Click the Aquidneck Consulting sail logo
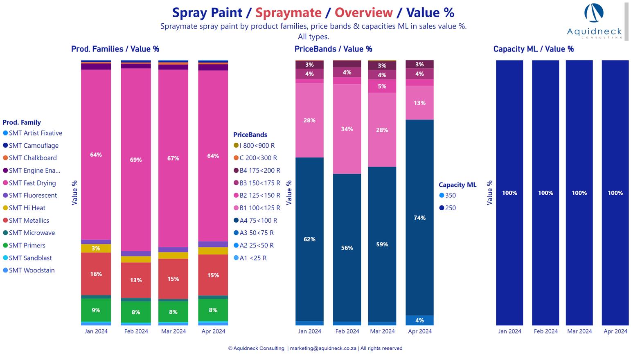coord(594,14)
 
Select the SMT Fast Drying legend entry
coord(32,183)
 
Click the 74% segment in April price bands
coord(419,218)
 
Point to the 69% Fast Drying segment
coord(136,160)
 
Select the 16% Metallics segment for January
coord(96,274)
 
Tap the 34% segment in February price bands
coord(347,129)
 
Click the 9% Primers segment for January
coord(96,310)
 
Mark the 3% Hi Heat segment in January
coord(96,248)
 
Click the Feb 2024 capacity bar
coord(545,193)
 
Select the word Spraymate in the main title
coord(288,13)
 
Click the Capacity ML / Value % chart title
coord(533,49)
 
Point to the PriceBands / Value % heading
coord(333,49)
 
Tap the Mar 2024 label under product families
coord(174,331)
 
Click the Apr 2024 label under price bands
coord(420,331)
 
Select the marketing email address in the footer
coord(323,349)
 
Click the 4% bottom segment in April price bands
coord(419,320)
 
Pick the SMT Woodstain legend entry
coord(32,270)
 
